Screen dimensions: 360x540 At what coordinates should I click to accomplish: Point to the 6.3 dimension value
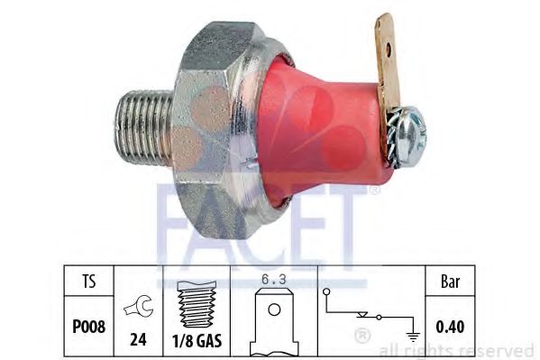[275, 279]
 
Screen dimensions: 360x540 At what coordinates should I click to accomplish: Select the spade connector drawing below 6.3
[275, 323]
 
